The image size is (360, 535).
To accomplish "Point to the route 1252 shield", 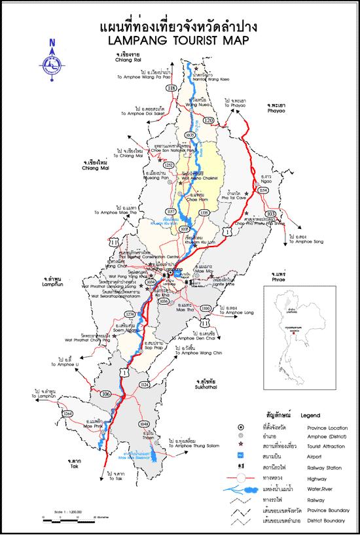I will pos(168,165).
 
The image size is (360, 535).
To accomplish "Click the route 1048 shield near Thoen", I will pos(144,424).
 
